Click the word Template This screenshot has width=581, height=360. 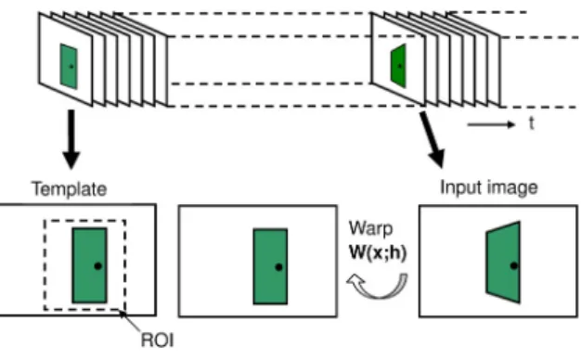[70, 189]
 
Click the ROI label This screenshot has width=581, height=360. [157, 340]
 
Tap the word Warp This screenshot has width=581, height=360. [370, 229]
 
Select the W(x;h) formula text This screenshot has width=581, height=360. [378, 252]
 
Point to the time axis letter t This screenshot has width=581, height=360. [532, 123]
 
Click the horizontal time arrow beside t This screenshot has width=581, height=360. [491, 124]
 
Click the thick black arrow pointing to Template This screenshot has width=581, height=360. [71, 139]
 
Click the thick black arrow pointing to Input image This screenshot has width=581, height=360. [433, 140]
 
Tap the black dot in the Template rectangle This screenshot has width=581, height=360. [97, 266]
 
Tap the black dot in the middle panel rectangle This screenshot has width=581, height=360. [279, 267]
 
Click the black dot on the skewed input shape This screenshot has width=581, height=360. [514, 265]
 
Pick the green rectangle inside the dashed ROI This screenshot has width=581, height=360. [90, 265]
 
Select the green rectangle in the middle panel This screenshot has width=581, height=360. [270, 266]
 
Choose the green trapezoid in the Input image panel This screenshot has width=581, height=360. [503, 263]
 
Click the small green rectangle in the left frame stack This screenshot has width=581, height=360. [69, 66]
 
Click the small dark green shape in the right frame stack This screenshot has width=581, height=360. [398, 66]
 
